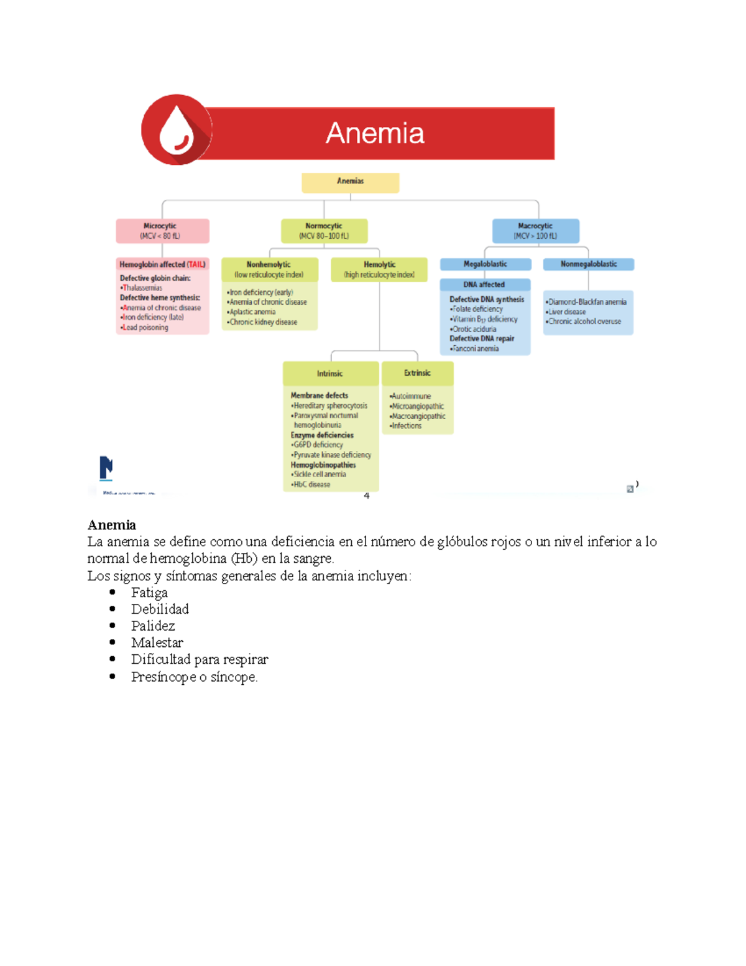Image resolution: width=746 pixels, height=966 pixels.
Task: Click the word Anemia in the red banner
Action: (375, 133)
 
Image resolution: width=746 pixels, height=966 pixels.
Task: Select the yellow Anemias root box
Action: (350, 182)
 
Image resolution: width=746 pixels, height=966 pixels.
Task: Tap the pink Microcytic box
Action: (162, 231)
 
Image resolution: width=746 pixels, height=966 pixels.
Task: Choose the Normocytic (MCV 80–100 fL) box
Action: (324, 231)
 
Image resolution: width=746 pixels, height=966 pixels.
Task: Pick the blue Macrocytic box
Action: (535, 231)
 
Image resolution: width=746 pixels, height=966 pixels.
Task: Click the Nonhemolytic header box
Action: (269, 269)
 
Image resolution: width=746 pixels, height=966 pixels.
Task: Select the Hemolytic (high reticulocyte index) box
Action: (379, 269)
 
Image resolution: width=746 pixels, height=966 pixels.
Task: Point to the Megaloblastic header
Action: (486, 264)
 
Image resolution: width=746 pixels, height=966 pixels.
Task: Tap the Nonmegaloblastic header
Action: (589, 264)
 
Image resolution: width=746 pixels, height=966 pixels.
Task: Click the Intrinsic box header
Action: (330, 373)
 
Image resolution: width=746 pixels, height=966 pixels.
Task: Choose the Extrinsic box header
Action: (417, 373)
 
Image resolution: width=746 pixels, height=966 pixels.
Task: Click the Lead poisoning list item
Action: (145, 328)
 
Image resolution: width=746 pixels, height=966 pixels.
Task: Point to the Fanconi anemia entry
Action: (476, 349)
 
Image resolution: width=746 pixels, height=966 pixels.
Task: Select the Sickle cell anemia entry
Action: (320, 475)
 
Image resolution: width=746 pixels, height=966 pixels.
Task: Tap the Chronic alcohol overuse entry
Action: (584, 322)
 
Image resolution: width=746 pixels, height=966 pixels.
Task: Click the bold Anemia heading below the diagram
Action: (112, 525)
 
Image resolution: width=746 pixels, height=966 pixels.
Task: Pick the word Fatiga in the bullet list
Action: (149, 593)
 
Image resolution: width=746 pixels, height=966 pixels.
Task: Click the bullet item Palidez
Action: (153, 626)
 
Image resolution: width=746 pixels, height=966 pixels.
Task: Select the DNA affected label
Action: (484, 285)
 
